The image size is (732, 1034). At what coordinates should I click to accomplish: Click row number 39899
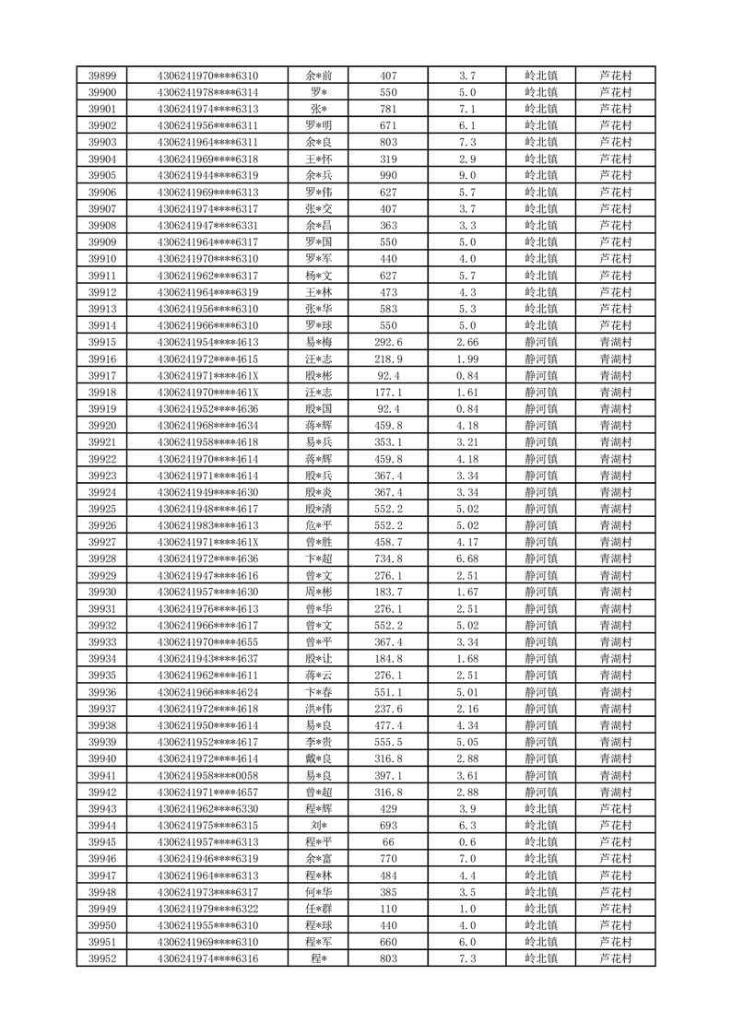tap(101, 76)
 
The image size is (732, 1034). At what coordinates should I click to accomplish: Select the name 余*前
tap(319, 76)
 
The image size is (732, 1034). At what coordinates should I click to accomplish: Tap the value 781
tap(388, 109)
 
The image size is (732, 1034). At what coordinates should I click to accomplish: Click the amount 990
tap(388, 175)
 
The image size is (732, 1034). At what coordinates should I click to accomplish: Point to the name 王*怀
tap(319, 159)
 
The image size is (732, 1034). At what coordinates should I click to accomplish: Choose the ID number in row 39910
tap(207, 258)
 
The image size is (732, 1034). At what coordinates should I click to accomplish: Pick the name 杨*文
tap(319, 275)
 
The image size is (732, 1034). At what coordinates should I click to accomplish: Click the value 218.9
tap(388, 358)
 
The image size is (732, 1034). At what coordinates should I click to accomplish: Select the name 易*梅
tap(319, 342)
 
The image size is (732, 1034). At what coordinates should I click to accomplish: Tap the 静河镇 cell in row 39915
tap(540, 342)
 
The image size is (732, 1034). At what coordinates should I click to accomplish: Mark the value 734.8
tap(388, 558)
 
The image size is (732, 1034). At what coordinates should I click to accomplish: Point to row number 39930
tap(101, 592)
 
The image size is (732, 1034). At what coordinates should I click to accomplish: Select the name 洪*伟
tap(319, 709)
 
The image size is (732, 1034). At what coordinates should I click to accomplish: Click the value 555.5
tap(388, 742)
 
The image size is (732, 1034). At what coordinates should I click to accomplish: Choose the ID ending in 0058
tap(207, 775)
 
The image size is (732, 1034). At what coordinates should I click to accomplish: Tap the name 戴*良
tap(319, 758)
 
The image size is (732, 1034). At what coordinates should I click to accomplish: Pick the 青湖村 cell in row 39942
tap(615, 792)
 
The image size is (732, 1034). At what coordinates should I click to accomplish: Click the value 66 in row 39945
tap(388, 841)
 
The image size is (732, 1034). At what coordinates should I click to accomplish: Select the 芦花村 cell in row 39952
tap(615, 958)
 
